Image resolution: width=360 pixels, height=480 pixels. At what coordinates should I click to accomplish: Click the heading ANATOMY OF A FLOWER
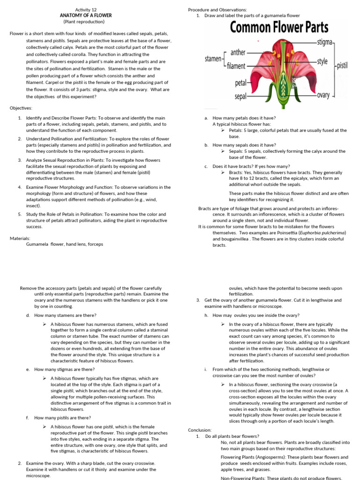[86, 15]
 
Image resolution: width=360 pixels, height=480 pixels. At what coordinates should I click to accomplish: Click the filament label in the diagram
[236, 66]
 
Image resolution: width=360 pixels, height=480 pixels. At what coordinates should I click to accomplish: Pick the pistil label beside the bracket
[342, 66]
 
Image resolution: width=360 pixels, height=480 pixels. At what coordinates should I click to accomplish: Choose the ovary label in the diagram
[323, 95]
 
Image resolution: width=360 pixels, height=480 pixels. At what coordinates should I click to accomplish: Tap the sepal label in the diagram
[240, 97]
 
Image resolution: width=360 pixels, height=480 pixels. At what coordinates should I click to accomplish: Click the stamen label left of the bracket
[213, 60]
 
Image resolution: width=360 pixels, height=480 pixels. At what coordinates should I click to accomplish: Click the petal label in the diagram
[240, 83]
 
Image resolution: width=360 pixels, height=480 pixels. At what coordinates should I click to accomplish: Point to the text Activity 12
[86, 9]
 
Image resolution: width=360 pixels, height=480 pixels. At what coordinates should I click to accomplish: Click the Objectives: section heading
[21, 108]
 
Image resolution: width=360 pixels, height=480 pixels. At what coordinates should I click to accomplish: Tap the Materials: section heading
[20, 238]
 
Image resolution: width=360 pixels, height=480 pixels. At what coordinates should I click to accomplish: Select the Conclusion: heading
[200, 430]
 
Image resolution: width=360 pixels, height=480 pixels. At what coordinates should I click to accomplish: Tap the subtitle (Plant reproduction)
[84, 22]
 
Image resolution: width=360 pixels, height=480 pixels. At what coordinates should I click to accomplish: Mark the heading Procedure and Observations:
[217, 9]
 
